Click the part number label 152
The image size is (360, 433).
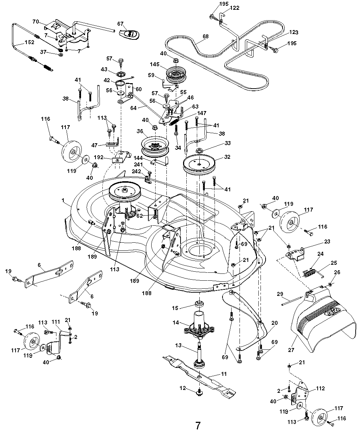click(30, 42)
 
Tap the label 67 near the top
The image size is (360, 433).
click(120, 24)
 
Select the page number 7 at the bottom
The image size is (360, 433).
click(198, 425)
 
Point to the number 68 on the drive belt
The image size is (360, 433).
click(206, 36)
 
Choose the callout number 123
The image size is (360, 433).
click(293, 33)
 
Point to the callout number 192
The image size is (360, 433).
click(108, 158)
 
